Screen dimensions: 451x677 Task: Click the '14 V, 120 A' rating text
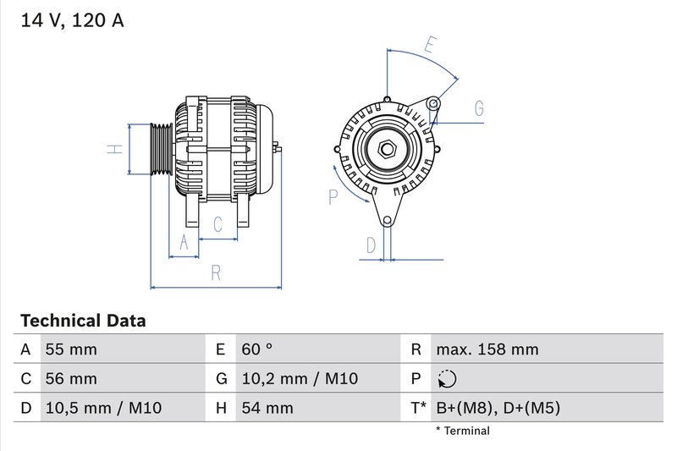[71, 21]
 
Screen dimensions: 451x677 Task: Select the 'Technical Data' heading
[83, 321]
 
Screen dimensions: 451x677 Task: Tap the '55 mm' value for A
[70, 349]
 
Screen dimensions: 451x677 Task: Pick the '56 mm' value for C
[70, 378]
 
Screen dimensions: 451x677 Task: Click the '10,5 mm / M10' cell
[102, 408]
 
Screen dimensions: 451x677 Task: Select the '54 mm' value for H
[267, 408]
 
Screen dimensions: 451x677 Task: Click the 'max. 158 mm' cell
[487, 349]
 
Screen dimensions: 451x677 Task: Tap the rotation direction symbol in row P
[448, 379]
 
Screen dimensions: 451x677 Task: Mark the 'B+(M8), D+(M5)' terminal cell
[498, 408]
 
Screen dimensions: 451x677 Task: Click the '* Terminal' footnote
[462, 431]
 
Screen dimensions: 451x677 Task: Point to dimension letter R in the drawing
[216, 272]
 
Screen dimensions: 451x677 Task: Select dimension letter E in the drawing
[432, 45]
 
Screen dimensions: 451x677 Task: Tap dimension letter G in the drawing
[478, 108]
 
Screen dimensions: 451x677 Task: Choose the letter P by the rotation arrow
[333, 196]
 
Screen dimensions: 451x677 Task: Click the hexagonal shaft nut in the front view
[388, 150]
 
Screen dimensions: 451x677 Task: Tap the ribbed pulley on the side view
[160, 149]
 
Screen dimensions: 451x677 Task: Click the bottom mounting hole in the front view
[388, 221]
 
